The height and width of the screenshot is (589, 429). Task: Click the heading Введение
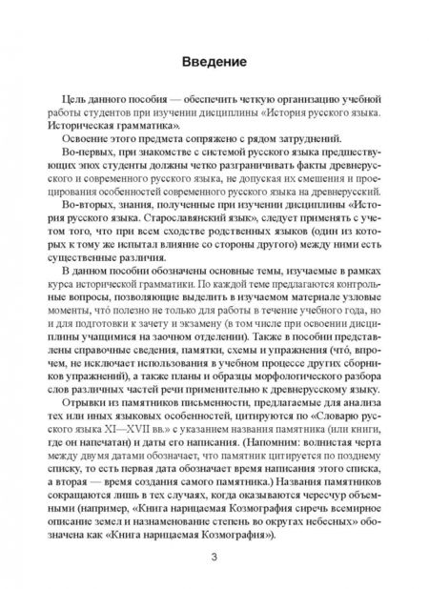(214, 63)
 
